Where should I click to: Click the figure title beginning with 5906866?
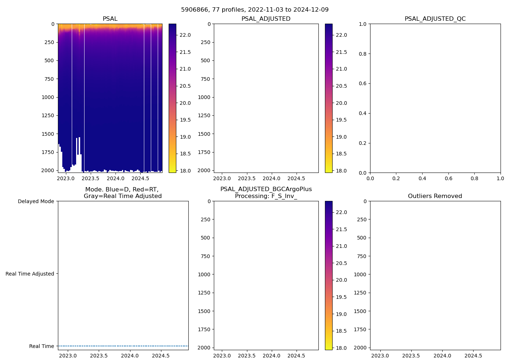(x=255, y=10)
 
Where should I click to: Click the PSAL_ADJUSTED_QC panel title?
(x=435, y=19)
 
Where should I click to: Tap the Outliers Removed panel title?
(x=435, y=196)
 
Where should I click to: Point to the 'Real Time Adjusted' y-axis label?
(x=30, y=274)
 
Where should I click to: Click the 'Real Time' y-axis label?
(x=42, y=346)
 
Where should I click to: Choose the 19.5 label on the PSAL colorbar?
(x=185, y=120)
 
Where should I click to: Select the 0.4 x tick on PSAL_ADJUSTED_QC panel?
(x=422, y=178)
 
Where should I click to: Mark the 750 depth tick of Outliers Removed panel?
(x=361, y=256)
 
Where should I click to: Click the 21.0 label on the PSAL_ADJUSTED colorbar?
(x=341, y=69)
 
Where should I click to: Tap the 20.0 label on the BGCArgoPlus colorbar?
(x=341, y=280)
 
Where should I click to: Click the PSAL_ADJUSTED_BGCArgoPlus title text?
(x=266, y=189)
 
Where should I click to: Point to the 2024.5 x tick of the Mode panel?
(x=161, y=356)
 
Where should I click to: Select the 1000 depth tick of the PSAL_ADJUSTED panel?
(x=205, y=97)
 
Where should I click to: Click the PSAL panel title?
(x=110, y=19)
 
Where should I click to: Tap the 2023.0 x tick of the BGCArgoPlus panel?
(x=222, y=356)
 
